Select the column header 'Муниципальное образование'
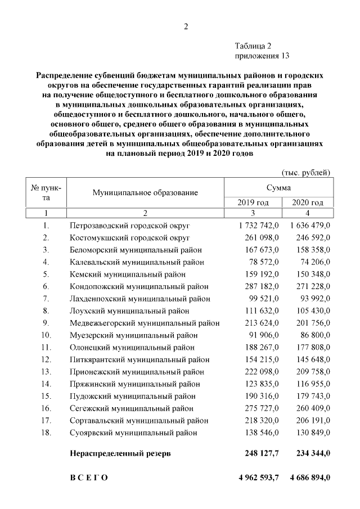[x=145, y=193]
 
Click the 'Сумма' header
[x=279, y=187]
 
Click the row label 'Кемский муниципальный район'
[x=127, y=275]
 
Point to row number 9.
[x=46, y=323]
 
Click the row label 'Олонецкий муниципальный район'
[x=132, y=348]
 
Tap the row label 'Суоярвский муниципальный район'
[x=133, y=433]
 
